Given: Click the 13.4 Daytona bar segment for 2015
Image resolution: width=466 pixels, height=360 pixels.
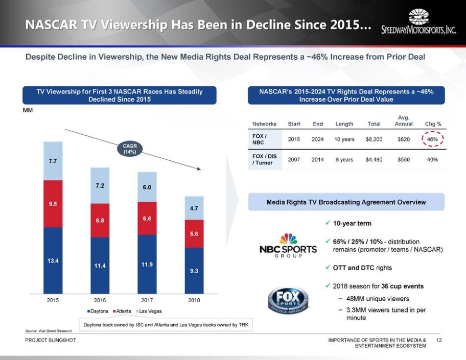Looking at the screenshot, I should pos(53,260).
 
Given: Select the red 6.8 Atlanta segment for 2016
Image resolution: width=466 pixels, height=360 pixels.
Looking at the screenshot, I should pos(100,220).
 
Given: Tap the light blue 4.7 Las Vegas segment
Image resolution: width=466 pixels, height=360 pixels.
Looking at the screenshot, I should pos(194,208).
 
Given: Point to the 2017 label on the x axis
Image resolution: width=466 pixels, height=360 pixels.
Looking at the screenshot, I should pos(147,300).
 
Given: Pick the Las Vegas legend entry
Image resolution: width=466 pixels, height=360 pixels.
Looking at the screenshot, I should pos(150,311).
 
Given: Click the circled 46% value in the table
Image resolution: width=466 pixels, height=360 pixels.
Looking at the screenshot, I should pos(433,139).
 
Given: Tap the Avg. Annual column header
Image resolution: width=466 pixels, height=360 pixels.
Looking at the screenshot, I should pos(404,121).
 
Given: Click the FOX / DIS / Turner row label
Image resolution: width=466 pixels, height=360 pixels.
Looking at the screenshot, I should pos(264,159).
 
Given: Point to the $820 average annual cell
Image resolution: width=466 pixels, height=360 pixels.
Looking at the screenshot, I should pos(404,139).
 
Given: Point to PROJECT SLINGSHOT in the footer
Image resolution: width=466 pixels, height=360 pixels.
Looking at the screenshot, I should pos(51,340).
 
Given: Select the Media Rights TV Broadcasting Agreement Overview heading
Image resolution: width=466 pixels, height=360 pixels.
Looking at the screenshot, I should pos(346,202).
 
